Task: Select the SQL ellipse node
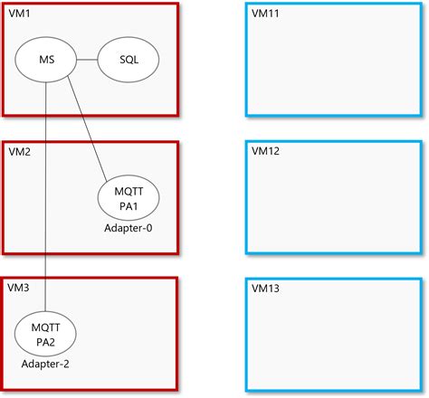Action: [128, 61]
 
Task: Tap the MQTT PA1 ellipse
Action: [128, 197]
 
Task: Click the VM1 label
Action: [19, 15]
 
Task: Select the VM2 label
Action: [19, 151]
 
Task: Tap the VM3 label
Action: [19, 287]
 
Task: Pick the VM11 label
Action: [266, 15]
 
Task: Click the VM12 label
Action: [266, 151]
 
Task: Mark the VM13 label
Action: [266, 287]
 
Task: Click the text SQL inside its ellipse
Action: [128, 61]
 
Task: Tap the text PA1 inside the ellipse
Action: [128, 205]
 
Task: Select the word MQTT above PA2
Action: [45, 325]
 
